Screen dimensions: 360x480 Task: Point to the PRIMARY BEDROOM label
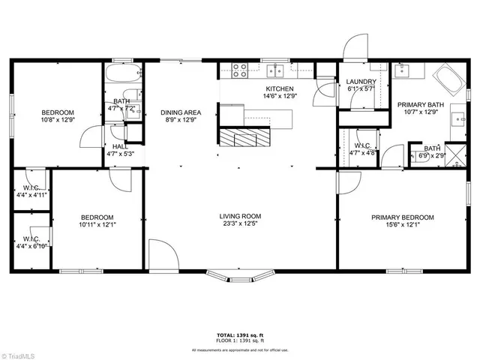click(x=402, y=217)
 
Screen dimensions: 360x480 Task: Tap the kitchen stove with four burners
click(x=241, y=71)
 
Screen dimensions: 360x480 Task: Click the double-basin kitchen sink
click(x=276, y=70)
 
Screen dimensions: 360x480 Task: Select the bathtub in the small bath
click(x=122, y=75)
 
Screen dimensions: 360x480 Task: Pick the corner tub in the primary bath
click(x=448, y=78)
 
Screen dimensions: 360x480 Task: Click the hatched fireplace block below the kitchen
click(x=242, y=137)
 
